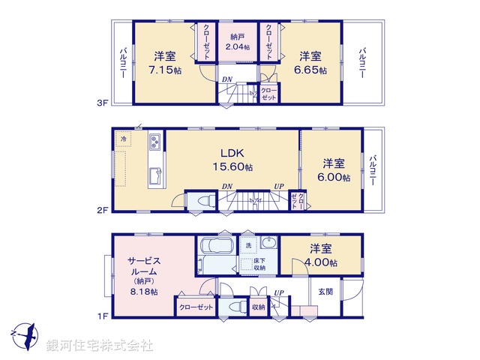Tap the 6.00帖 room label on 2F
[335, 178]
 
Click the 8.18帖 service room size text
[143, 292]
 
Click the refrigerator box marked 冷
[122, 139]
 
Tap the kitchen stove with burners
[155, 142]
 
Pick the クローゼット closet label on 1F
[194, 307]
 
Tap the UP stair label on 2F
[278, 187]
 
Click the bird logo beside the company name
[23, 334]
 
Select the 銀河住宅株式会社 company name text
[99, 345]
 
